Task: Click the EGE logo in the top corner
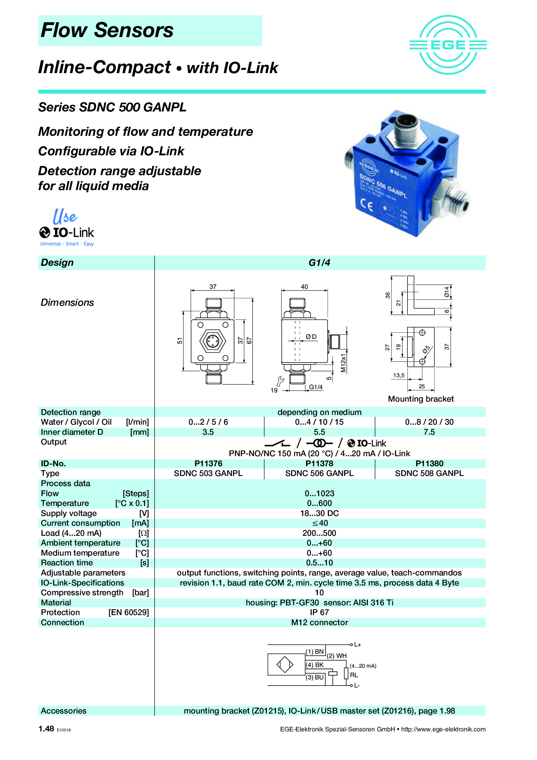pyautogui.click(x=448, y=45)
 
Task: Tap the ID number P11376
pyautogui.click(x=208, y=463)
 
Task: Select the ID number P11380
pyautogui.click(x=429, y=463)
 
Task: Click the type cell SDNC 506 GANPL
pyautogui.click(x=319, y=473)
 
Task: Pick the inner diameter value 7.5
pyautogui.click(x=429, y=432)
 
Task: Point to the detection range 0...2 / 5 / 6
pyautogui.click(x=208, y=422)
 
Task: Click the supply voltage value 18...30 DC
pyautogui.click(x=319, y=513)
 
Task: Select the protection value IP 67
pyautogui.click(x=319, y=612)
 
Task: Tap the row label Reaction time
pyautogui.click(x=67, y=563)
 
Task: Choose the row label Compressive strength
pyautogui.click(x=82, y=593)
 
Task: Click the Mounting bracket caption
pyautogui.click(x=420, y=399)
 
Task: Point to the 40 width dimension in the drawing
pyautogui.click(x=304, y=287)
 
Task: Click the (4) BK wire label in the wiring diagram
pyautogui.click(x=315, y=665)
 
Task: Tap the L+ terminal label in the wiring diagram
pyautogui.click(x=357, y=645)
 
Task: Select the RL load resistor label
pyautogui.click(x=354, y=675)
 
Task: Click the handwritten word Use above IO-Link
pyautogui.click(x=65, y=216)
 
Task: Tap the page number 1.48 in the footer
pyautogui.click(x=46, y=728)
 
